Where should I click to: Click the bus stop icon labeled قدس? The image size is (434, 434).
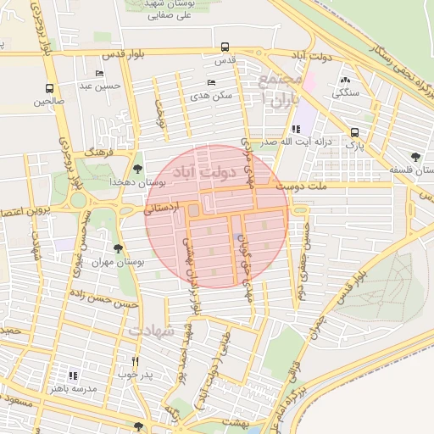[x=225, y=47]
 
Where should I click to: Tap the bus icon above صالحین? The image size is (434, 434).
[x=50, y=88]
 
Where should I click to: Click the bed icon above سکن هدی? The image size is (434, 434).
[x=211, y=82]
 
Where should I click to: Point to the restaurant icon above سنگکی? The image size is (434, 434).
[x=346, y=80]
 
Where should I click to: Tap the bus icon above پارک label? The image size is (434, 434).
[x=354, y=131]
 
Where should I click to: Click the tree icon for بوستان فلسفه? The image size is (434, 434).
[x=415, y=157]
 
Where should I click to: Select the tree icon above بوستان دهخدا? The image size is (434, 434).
[x=139, y=169]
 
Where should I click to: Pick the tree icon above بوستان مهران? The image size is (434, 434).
[x=117, y=249]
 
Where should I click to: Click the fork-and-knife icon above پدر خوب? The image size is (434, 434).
[x=135, y=360]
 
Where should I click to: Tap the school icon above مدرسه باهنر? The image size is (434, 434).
[x=73, y=375]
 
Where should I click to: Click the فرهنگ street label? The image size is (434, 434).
[x=100, y=152]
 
